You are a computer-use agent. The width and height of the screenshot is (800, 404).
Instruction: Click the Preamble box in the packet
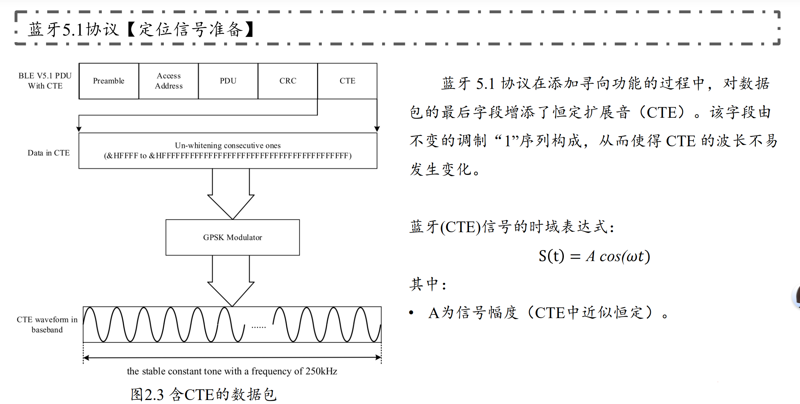click(x=108, y=81)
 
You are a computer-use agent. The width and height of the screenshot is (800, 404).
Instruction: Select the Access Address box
click(x=168, y=81)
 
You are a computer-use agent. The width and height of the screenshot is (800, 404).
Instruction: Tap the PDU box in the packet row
click(x=228, y=81)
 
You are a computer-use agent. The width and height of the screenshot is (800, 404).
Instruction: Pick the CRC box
click(x=288, y=81)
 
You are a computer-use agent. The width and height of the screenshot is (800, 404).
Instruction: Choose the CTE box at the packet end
click(x=347, y=81)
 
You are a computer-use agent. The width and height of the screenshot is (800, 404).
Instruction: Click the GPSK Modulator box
click(x=233, y=237)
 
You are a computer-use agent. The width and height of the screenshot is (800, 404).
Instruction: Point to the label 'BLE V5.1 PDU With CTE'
click(x=45, y=81)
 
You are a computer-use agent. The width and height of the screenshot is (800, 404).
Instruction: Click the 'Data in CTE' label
click(x=48, y=153)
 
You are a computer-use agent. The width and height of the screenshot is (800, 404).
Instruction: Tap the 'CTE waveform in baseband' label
click(x=47, y=324)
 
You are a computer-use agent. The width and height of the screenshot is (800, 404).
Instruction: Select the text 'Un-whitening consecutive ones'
click(x=228, y=145)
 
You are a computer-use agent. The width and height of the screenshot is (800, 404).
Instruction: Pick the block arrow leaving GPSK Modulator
click(x=231, y=282)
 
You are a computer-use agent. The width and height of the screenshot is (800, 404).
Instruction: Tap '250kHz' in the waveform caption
click(x=321, y=371)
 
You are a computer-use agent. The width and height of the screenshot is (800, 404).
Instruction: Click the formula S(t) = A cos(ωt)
click(x=594, y=256)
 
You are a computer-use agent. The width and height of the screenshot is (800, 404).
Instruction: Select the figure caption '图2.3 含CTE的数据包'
click(x=203, y=394)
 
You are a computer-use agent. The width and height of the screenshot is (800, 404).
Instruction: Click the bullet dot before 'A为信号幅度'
click(x=412, y=312)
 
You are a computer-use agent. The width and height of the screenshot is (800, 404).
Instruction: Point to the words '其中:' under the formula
click(x=428, y=284)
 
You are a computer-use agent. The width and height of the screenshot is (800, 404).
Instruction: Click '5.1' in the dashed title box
click(x=73, y=30)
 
